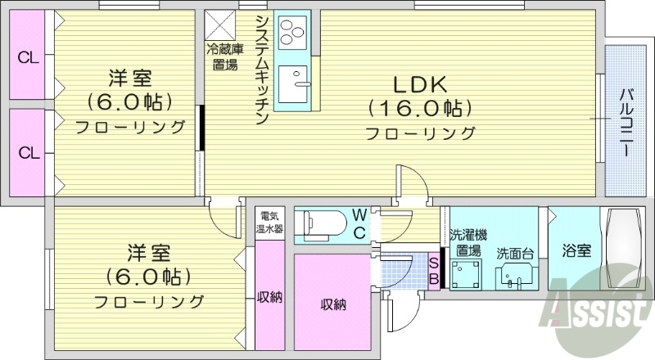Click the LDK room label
420,84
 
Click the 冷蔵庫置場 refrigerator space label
221,56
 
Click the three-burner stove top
291,33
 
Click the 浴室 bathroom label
576,252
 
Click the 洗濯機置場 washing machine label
468,243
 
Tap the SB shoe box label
435,271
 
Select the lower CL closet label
29,152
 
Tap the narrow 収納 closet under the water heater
269,296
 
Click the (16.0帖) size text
420,108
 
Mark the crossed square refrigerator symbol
219,22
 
